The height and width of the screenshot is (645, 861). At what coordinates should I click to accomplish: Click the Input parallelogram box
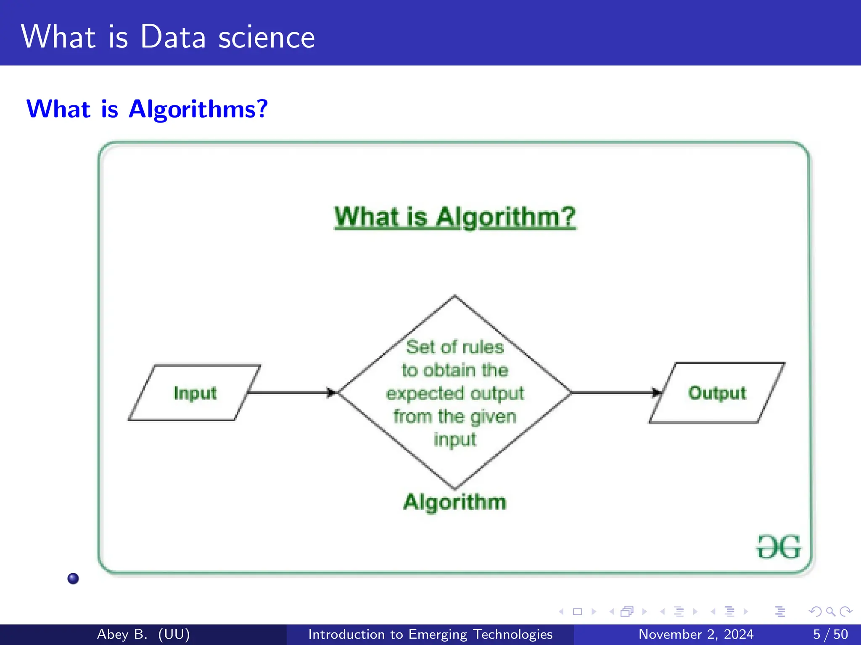click(195, 393)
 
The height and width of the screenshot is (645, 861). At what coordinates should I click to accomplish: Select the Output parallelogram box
click(717, 393)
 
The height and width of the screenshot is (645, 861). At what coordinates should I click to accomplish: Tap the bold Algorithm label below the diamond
click(454, 502)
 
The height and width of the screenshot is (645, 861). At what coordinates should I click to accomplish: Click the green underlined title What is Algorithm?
click(454, 217)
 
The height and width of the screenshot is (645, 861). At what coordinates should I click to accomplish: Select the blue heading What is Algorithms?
click(147, 109)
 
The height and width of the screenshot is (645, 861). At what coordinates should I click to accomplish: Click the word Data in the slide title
click(173, 37)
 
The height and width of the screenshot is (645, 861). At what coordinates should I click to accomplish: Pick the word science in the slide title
click(267, 37)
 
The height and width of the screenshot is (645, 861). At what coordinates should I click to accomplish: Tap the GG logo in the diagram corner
click(779, 547)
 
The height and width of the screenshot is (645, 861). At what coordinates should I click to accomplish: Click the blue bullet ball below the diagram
click(73, 578)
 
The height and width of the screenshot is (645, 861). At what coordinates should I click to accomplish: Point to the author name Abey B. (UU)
click(143, 634)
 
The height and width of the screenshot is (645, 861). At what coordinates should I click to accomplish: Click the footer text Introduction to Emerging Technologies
click(430, 634)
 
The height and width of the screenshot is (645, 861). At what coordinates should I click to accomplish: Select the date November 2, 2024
click(696, 634)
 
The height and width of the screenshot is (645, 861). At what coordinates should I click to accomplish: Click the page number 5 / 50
click(830, 634)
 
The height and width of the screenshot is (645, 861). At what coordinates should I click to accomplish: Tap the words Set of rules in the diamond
click(454, 347)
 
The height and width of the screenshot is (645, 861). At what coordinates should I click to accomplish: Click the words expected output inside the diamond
click(454, 393)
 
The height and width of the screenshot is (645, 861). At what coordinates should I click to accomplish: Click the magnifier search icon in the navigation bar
click(830, 611)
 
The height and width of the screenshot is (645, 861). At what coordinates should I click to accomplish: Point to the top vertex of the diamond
click(454, 296)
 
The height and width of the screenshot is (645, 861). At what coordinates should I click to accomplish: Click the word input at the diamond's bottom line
click(454, 440)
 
